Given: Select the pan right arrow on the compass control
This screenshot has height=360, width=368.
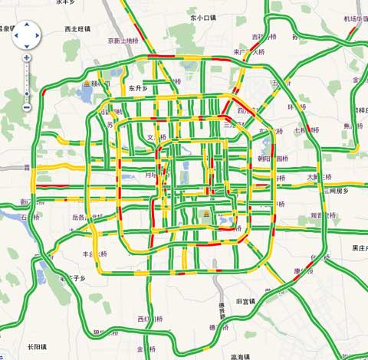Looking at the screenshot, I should (x=37, y=34).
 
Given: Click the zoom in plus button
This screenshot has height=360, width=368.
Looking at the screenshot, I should (x=27, y=57).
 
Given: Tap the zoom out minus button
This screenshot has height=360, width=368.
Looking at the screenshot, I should (x=27, y=108).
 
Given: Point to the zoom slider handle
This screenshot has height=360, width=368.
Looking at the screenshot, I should (x=27, y=93).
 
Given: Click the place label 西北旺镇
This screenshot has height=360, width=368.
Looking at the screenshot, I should (x=77, y=28).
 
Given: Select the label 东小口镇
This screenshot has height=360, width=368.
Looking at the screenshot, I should (x=202, y=17).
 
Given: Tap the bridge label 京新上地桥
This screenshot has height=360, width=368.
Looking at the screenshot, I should (x=123, y=41).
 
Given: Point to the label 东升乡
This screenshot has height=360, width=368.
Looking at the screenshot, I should (x=138, y=87).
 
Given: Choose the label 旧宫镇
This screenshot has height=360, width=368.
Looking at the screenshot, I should (x=249, y=301).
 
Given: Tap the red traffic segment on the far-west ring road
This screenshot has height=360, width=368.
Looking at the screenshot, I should (x=44, y=93).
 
